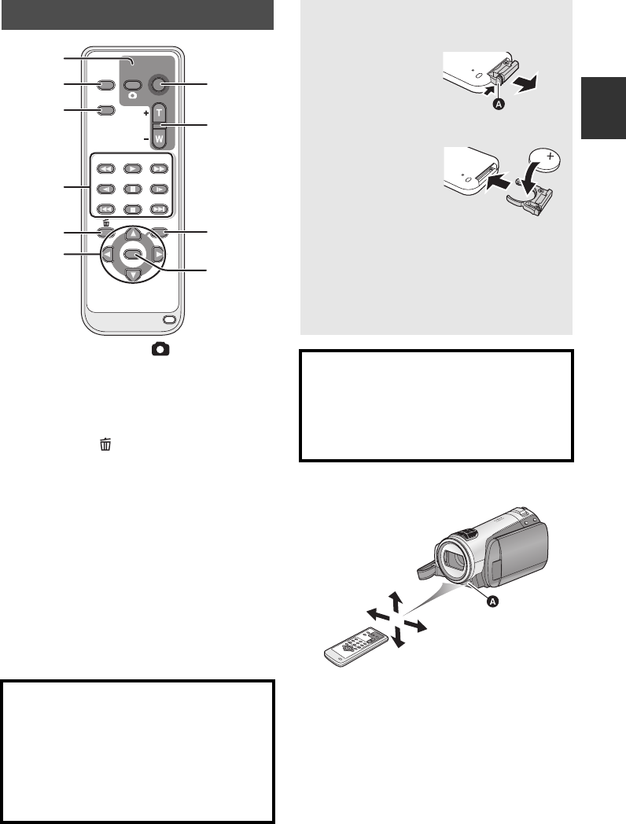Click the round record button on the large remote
[158, 84]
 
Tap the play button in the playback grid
[132, 169]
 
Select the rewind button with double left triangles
[106, 169]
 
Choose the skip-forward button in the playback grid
[159, 209]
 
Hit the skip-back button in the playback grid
[106, 209]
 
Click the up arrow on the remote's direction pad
[134, 234]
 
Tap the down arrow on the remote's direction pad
[134, 275]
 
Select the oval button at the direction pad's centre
[132, 254]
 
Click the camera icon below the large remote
[160, 349]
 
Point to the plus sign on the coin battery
[550, 156]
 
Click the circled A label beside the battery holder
[499, 104]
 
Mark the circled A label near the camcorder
[492, 601]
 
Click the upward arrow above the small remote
[396, 602]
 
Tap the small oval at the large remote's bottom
[169, 320]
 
